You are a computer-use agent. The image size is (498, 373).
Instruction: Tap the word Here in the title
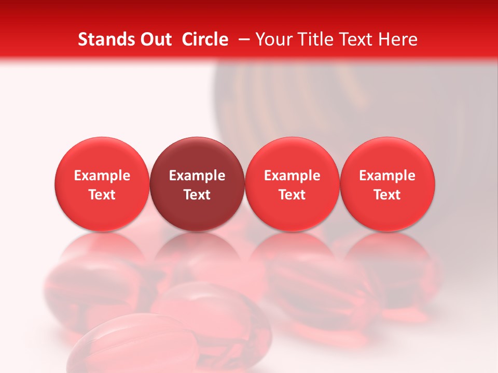click(x=399, y=39)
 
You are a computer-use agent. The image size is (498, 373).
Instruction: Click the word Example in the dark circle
click(x=197, y=176)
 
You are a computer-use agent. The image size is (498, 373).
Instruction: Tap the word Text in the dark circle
click(x=197, y=195)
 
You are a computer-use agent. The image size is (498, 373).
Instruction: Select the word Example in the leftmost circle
click(x=102, y=176)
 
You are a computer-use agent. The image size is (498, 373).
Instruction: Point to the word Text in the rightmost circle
click(x=388, y=195)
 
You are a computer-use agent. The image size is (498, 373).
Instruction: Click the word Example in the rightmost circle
click(x=388, y=176)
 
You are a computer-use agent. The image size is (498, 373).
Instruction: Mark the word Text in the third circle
click(x=292, y=195)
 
